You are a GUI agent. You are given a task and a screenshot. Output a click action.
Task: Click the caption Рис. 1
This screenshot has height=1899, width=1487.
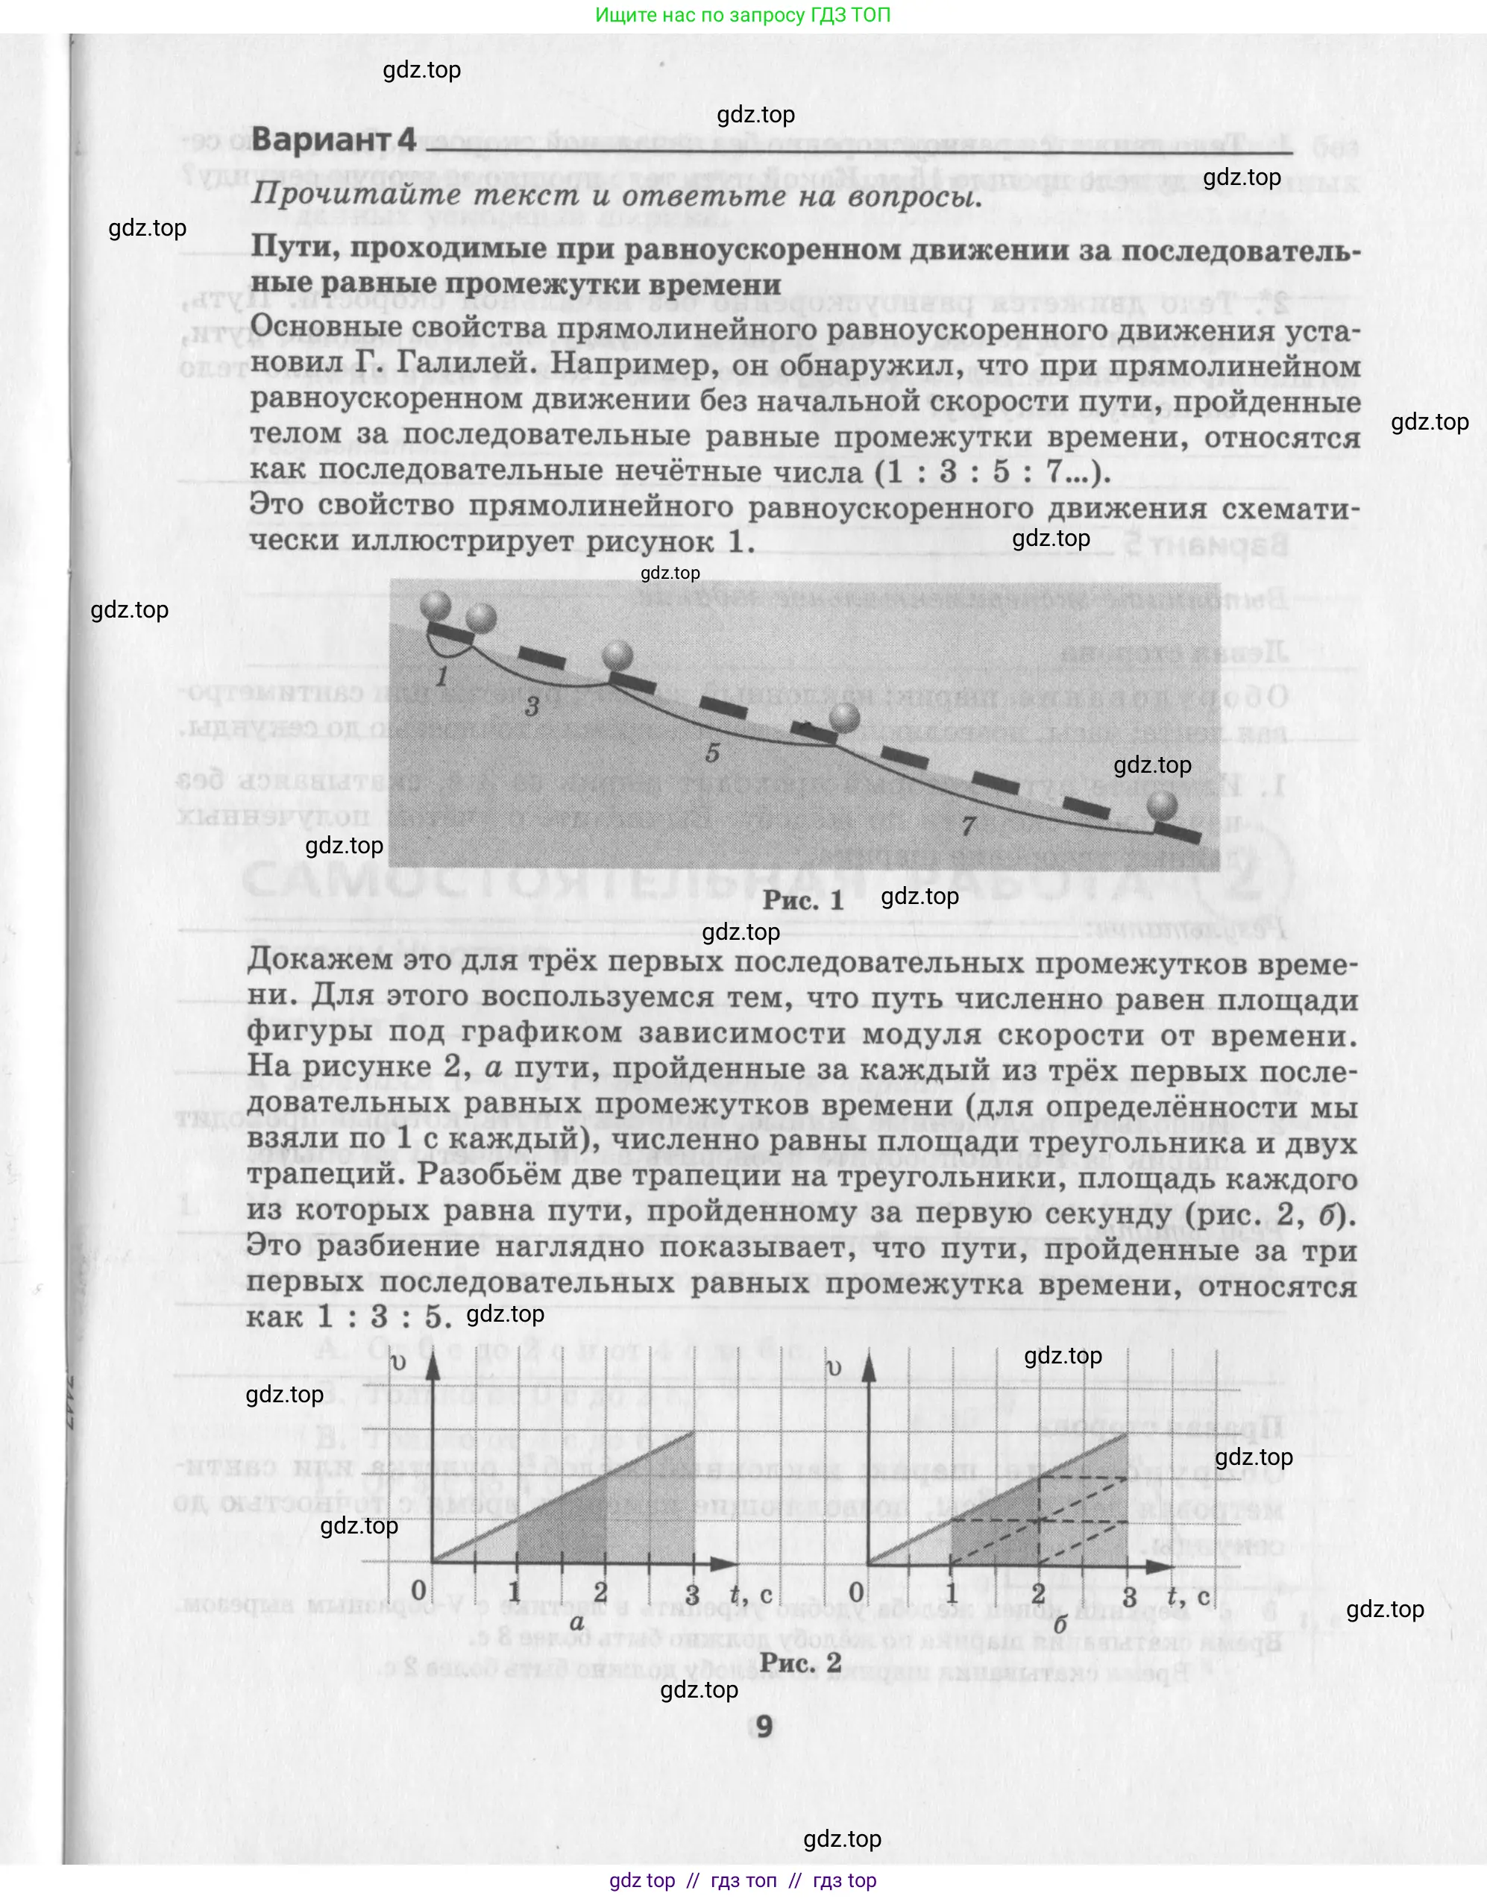click(802, 900)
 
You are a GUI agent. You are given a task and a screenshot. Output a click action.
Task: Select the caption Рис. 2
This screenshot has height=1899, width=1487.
click(800, 1662)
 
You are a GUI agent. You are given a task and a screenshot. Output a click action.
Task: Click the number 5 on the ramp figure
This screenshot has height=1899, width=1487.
click(712, 753)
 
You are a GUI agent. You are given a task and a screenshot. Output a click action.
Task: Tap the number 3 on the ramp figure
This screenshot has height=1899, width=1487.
click(532, 706)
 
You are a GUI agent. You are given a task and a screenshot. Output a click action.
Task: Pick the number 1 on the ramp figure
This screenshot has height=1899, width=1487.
click(442, 676)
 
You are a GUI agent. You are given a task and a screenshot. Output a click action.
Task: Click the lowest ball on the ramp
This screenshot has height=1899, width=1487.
click(1161, 806)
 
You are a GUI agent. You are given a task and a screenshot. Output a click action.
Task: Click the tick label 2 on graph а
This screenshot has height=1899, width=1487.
click(601, 1592)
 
